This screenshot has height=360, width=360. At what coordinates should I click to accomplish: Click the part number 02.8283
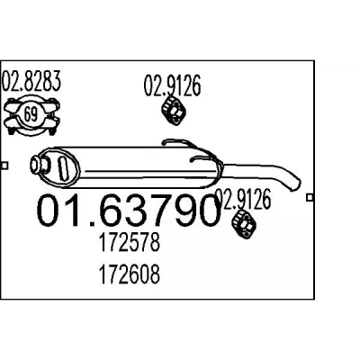click(x=31, y=81)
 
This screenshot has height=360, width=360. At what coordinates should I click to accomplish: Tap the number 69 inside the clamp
click(x=31, y=114)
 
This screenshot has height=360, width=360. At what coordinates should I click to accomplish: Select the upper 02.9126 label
click(x=172, y=85)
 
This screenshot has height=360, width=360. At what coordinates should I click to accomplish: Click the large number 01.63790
click(x=129, y=211)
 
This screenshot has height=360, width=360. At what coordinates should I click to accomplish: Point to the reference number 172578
click(x=129, y=242)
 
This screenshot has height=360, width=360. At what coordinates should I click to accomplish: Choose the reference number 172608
click(x=129, y=274)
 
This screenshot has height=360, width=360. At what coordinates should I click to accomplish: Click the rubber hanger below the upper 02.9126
click(x=174, y=111)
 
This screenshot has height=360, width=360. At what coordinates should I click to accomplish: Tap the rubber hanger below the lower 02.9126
click(x=244, y=225)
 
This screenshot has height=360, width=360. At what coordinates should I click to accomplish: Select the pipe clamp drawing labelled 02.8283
click(x=31, y=115)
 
